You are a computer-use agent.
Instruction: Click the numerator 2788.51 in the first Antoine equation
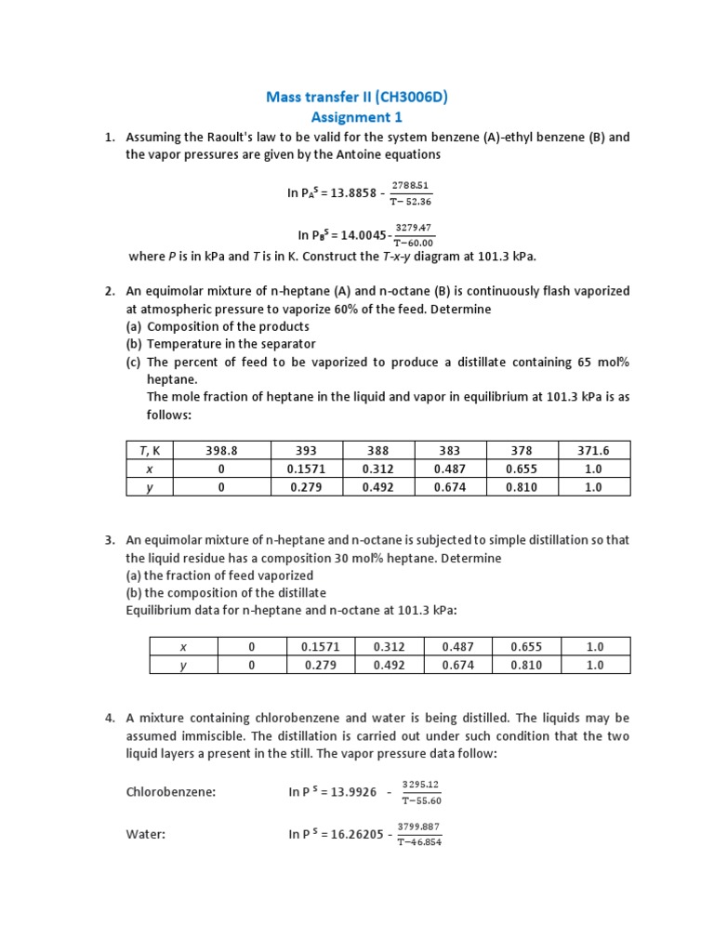tap(411, 186)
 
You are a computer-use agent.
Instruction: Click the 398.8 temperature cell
tap(221, 451)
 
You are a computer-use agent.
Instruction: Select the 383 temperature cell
tap(451, 451)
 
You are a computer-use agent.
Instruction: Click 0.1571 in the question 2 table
tap(308, 469)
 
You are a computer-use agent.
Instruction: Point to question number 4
tap(109, 719)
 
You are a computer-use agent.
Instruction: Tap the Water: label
tap(146, 835)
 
